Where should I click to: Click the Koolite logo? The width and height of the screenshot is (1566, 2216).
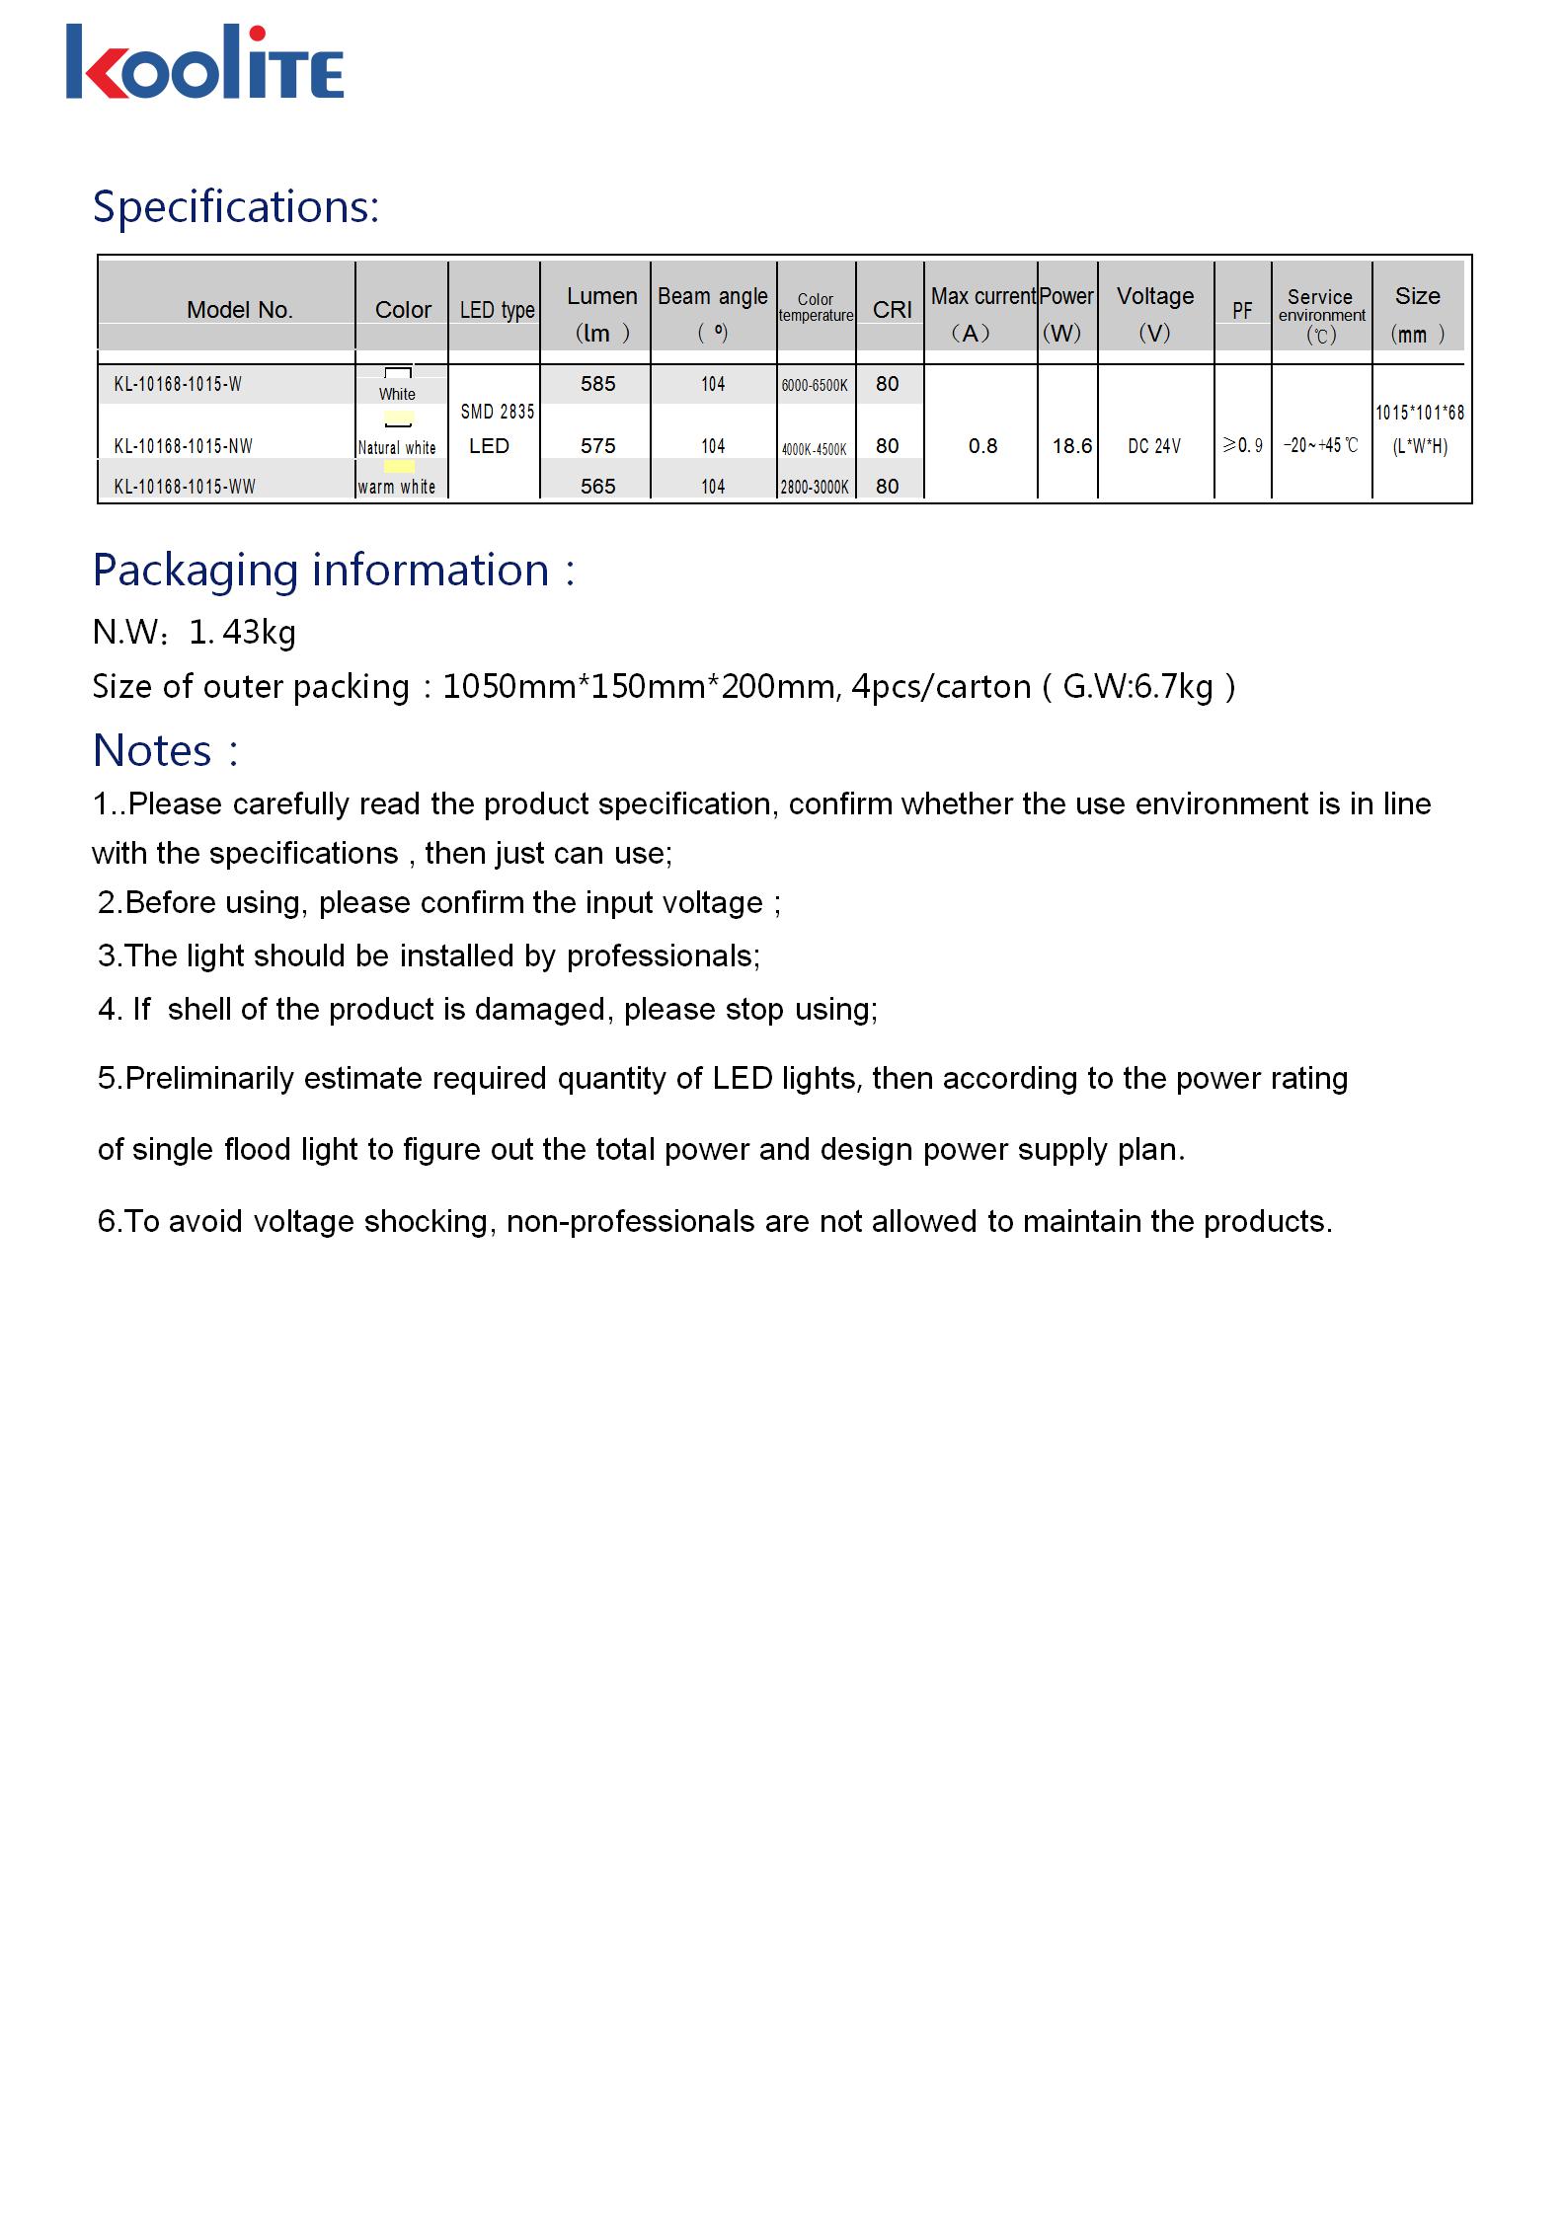[x=204, y=62]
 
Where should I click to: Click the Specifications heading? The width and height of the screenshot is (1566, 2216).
[x=236, y=207]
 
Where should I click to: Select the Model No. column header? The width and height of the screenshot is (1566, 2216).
[x=240, y=310]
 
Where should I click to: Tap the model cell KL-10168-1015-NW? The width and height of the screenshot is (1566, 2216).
[x=184, y=446]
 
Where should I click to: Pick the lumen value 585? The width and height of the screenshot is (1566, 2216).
[x=597, y=384]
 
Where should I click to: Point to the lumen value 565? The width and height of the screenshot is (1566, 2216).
[x=597, y=487]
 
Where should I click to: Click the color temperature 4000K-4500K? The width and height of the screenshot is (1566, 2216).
[x=815, y=449]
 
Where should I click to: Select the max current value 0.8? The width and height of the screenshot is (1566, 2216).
[x=982, y=446]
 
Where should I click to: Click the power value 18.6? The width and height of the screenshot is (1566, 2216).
[x=1071, y=446]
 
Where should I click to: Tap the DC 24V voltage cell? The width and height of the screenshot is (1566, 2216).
[x=1154, y=446]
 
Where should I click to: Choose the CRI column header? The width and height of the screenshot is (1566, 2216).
[x=892, y=310]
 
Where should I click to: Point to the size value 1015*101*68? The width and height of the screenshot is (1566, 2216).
[x=1420, y=413]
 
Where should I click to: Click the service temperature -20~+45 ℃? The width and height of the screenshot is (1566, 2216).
[x=1321, y=446]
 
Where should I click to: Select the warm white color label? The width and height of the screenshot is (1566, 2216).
[x=397, y=487]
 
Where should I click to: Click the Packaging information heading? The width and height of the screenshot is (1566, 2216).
[x=333, y=571]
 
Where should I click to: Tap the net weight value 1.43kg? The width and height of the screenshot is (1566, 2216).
[x=242, y=632]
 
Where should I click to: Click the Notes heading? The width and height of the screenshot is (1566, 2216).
[x=165, y=751]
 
